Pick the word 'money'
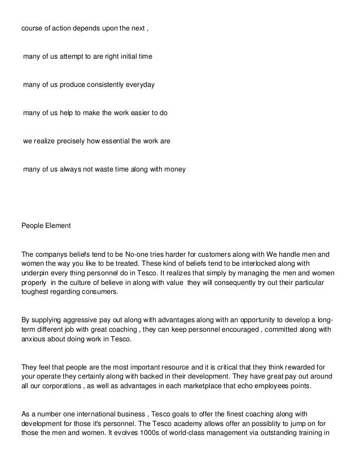[173, 169]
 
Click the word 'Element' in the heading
[57, 226]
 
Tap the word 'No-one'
[136, 253]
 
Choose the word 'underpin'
[34, 272]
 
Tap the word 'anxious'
[34, 339]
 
